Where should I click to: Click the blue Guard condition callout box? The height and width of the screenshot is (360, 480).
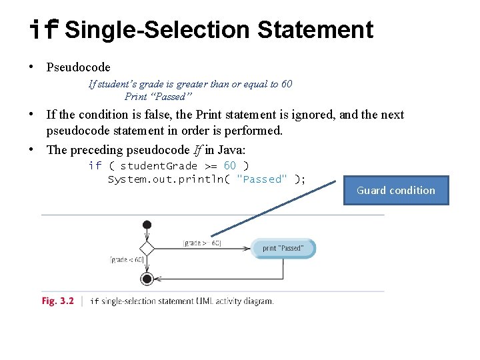tap(396, 190)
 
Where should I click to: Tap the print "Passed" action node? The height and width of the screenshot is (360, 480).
tap(283, 248)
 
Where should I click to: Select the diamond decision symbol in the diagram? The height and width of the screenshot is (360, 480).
tap(147, 249)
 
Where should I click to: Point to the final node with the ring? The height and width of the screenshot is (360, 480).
tap(147, 279)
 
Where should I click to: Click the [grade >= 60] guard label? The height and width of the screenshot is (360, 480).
tap(203, 243)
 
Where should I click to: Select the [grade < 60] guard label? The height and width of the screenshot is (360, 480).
tap(127, 260)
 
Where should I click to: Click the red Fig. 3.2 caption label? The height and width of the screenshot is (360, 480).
tap(58, 301)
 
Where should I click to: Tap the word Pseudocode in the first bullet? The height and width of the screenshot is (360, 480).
tap(79, 67)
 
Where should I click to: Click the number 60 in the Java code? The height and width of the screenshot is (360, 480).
tap(229, 165)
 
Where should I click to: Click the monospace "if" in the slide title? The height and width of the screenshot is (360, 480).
tap(44, 30)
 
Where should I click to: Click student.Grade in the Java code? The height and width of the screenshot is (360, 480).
tap(159, 165)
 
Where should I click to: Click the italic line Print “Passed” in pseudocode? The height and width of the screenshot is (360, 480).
tap(158, 97)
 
